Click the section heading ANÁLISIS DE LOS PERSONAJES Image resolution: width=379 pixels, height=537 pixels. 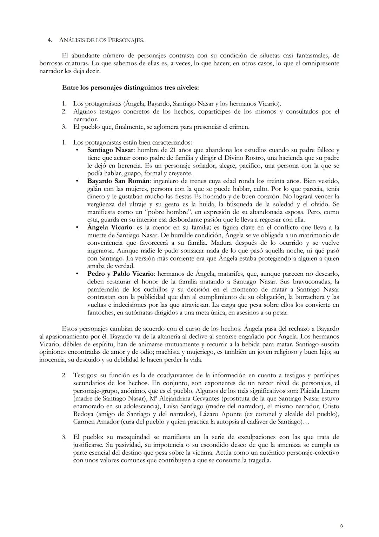tap(101, 40)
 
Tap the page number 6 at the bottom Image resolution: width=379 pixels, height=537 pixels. tap(341, 526)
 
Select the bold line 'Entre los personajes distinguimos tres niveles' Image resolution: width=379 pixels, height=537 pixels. tap(131, 88)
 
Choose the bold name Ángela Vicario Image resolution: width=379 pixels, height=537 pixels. tap(110, 228)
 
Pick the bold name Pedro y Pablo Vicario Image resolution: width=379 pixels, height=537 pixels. tap(120, 274)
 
